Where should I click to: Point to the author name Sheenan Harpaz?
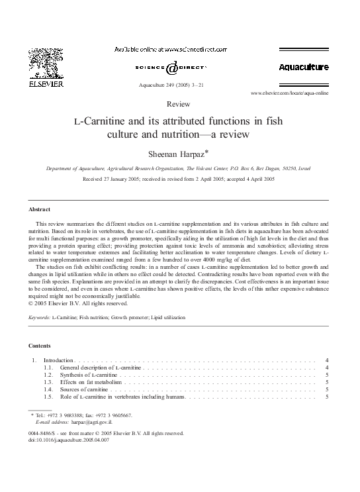(179, 155)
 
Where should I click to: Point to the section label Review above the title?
(179, 105)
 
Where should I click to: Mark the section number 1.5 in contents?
(48, 397)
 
